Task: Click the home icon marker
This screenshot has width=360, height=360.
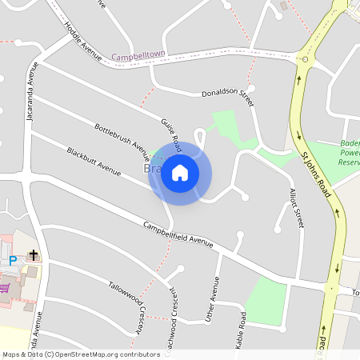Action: click(x=180, y=173)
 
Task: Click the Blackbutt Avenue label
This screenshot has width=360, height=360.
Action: click(x=94, y=161)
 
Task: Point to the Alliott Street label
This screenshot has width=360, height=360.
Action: click(x=296, y=209)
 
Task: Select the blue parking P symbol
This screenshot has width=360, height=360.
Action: click(x=13, y=260)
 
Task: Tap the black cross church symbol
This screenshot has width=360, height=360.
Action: click(x=34, y=255)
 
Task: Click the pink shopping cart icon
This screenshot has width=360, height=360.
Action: click(x=4, y=286)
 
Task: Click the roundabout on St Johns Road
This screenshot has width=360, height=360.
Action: click(x=304, y=59)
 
